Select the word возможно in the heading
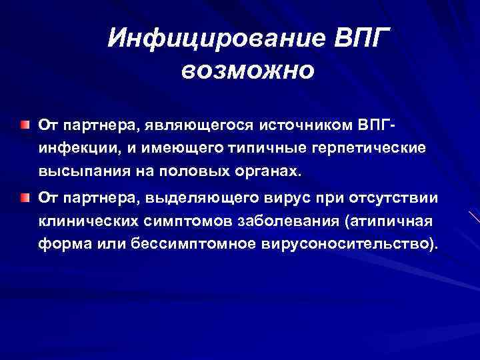pos(246,69)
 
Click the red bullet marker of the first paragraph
pos(25,124)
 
